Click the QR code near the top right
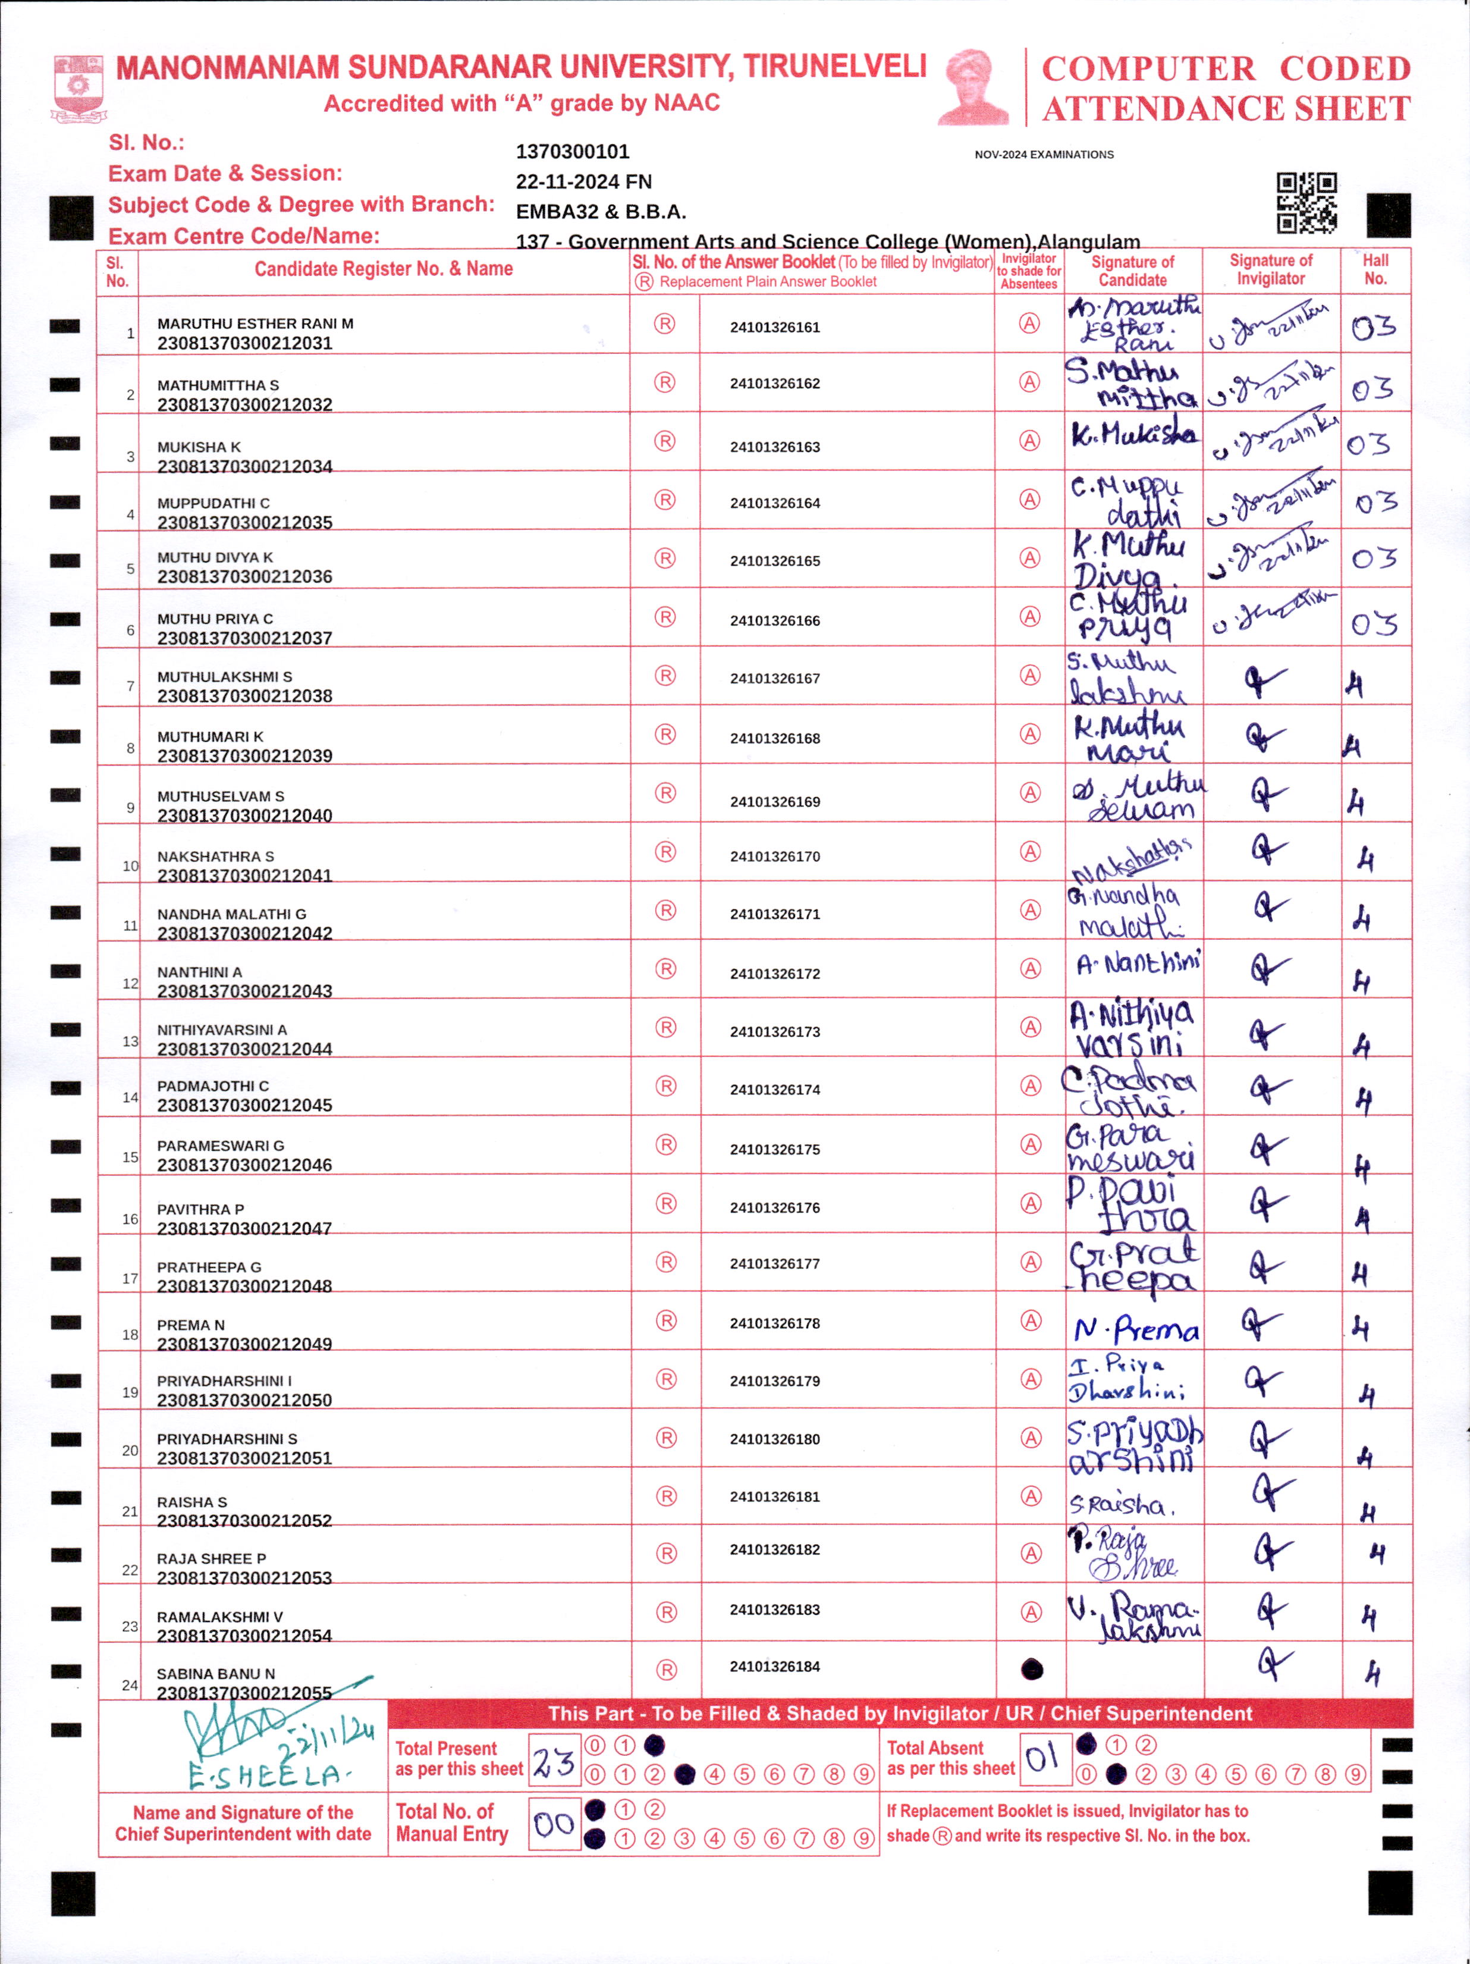tap(1306, 202)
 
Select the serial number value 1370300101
tap(573, 152)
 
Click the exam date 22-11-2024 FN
tap(583, 182)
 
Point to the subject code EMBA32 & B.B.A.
tap(601, 212)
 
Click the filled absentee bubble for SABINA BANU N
tap(1032, 1669)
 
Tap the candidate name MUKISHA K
tap(199, 447)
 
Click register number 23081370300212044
tap(244, 1049)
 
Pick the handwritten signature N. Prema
tap(1136, 1329)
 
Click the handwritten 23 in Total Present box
tap(554, 1762)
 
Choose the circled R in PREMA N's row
tap(666, 1321)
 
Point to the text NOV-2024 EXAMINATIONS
tap(1044, 155)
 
